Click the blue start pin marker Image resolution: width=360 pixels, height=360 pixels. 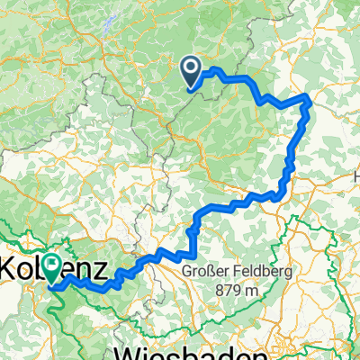coord(191,71)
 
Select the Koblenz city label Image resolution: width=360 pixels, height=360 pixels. coord(56,268)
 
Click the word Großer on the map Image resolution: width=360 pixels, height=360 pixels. coord(202,270)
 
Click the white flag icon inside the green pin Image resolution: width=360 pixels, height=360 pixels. coord(52,264)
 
